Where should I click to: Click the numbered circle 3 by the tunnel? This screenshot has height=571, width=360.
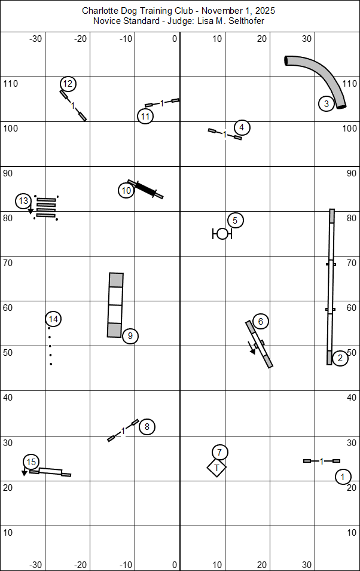[x=326, y=103]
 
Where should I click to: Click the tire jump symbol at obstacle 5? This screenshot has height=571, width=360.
[x=222, y=233]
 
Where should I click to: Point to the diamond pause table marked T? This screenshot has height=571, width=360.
[x=216, y=468]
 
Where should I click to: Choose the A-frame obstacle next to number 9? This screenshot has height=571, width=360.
[x=115, y=305]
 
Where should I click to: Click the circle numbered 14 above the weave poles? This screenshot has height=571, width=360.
[x=53, y=319]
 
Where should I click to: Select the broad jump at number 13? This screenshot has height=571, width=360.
[x=45, y=206]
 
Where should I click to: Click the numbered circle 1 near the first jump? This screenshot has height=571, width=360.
[x=343, y=477]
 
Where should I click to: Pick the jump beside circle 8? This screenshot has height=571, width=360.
[x=123, y=430]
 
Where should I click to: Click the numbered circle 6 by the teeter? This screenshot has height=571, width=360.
[x=260, y=321]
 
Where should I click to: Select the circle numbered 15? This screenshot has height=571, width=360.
[x=31, y=462]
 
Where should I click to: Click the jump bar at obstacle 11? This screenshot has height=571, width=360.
[x=162, y=103]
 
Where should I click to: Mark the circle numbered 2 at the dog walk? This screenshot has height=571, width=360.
[x=340, y=358]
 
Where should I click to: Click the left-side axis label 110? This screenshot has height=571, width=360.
[x=11, y=84]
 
